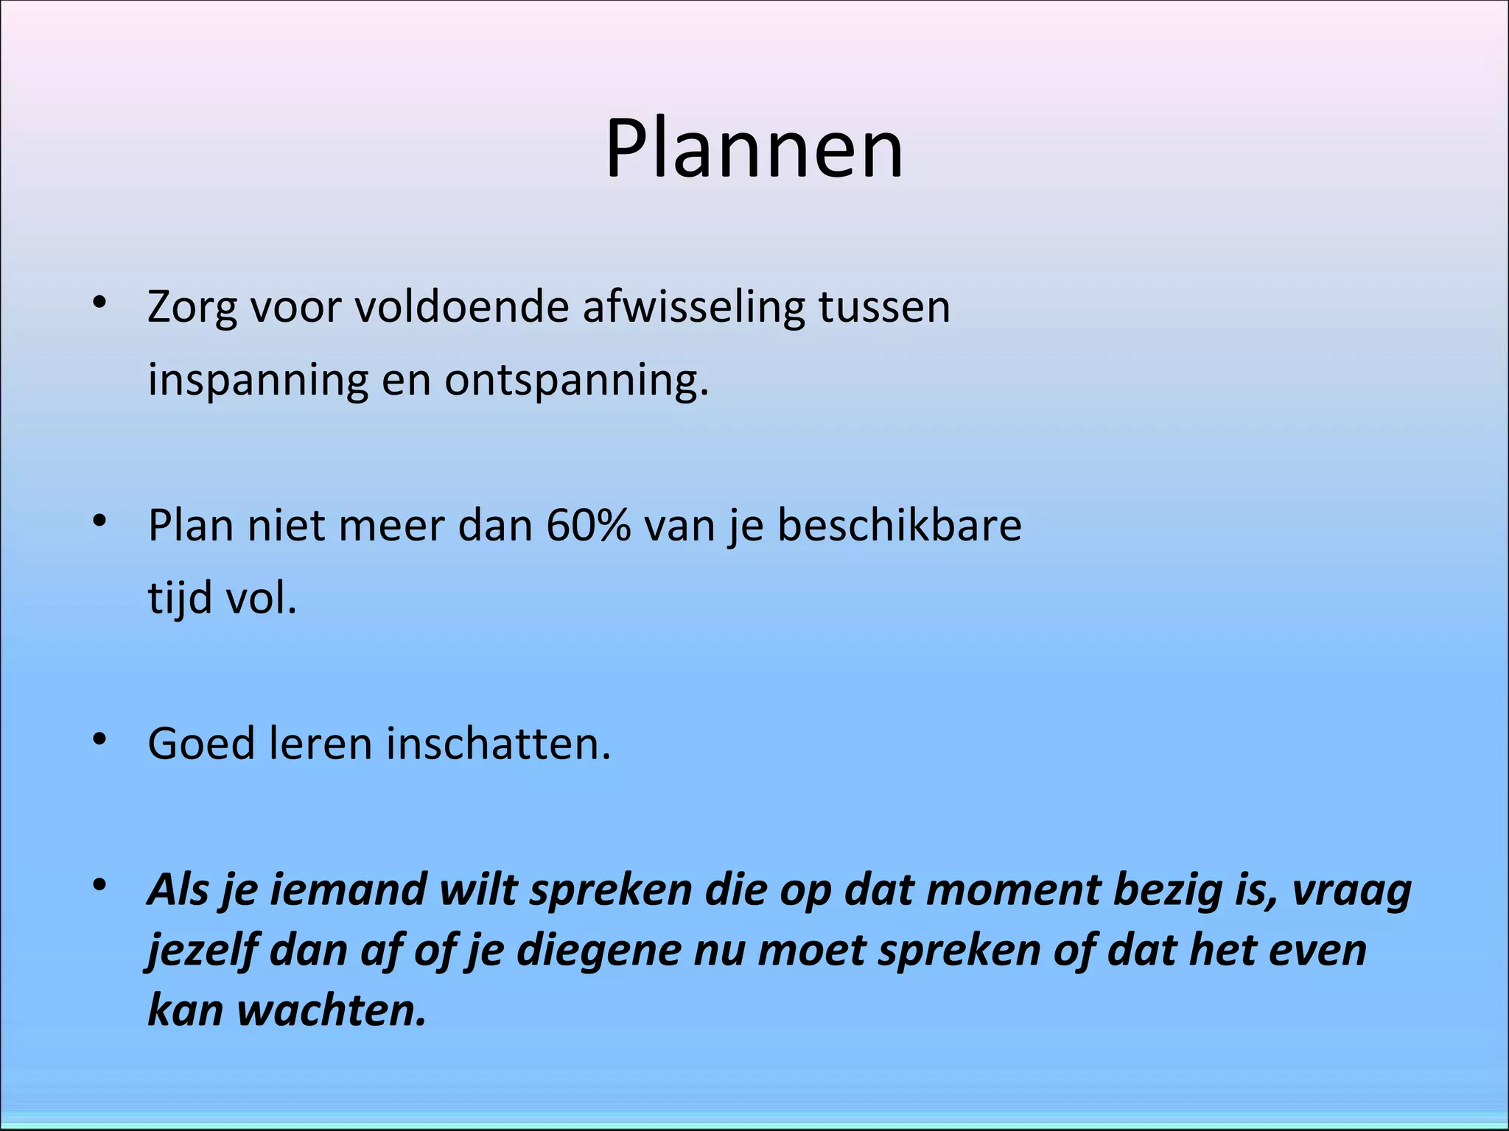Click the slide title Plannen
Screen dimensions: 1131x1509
pyautogui.click(x=754, y=149)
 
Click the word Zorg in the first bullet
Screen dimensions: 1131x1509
pyautogui.click(x=192, y=308)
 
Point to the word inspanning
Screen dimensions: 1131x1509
pyautogui.click(x=258, y=381)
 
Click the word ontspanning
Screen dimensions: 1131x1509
pyautogui.click(x=575, y=381)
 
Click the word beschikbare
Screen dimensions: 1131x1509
pyautogui.click(x=900, y=526)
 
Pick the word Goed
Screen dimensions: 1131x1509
pyautogui.click(x=200, y=744)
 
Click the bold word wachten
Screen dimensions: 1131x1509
pyautogui.click(x=332, y=1010)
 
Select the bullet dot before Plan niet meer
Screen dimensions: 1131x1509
pyautogui.click(x=100, y=521)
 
